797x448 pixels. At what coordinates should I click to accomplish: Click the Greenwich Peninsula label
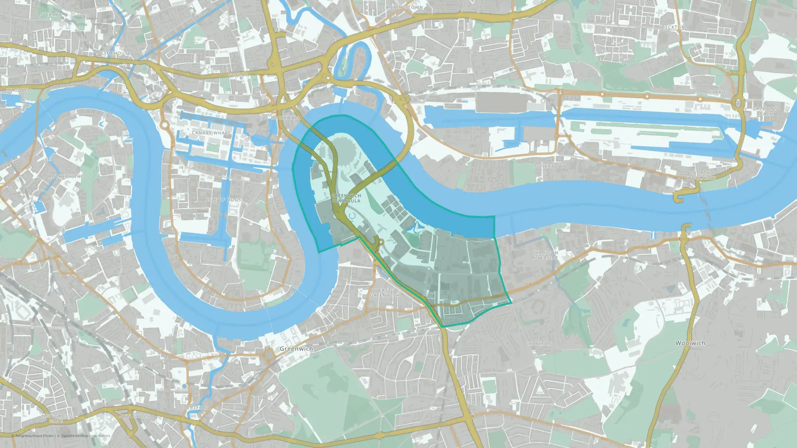pyautogui.click(x=346, y=198)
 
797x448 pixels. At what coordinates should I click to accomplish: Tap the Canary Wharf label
pyautogui.click(x=211, y=133)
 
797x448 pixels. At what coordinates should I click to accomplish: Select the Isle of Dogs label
pyautogui.click(x=224, y=200)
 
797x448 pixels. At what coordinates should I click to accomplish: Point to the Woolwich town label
pyautogui.click(x=690, y=343)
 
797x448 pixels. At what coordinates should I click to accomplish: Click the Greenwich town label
pyautogui.click(x=296, y=348)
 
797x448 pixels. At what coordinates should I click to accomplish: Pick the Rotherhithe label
pyautogui.click(x=66, y=176)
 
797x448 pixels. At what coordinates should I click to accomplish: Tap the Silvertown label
pyautogui.click(x=550, y=166)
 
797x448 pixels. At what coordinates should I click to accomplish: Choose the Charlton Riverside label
pyautogui.click(x=545, y=255)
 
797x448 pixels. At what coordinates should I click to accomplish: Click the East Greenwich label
pyautogui.click(x=385, y=293)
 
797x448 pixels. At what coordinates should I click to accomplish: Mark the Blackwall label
pyautogui.click(x=285, y=118)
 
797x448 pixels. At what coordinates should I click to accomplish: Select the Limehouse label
pyautogui.click(x=116, y=53)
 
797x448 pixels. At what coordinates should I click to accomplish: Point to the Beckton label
pyautogui.click(x=673, y=27)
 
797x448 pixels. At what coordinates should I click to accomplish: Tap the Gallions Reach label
pyautogui.click(x=765, y=111)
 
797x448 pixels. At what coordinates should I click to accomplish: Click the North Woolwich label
pyautogui.click(x=701, y=175)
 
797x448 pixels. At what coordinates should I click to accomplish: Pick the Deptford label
pyautogui.click(x=196, y=408)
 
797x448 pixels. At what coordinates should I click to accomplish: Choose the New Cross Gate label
pyautogui.click(x=56, y=418)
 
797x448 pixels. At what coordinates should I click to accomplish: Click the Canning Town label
pyautogui.click(x=402, y=7)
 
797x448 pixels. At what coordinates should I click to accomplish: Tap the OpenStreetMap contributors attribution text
pyautogui.click(x=85, y=436)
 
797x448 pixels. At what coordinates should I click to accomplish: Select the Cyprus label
pyautogui.click(x=718, y=92)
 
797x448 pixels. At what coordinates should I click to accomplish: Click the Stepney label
pyautogui.click(x=51, y=15)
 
